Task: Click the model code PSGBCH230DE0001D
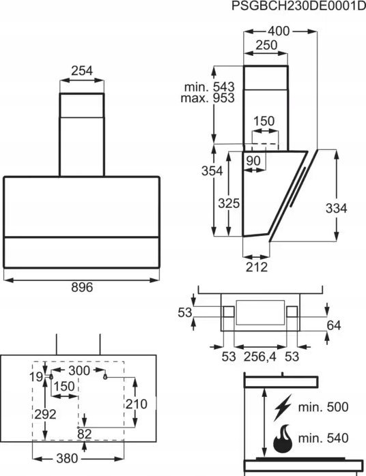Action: pos(298,5)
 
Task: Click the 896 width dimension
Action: pos(82,287)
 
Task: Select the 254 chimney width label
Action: pos(82,71)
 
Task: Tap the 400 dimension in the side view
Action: pos(279,31)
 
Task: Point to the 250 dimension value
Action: pos(266,45)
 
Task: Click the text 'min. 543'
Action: pos(210,87)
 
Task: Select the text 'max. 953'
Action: pos(208,98)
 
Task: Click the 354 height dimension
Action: pos(212,171)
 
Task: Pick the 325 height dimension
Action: pos(229,203)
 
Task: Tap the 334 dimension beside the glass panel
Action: pos(336,209)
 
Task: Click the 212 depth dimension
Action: pos(257,267)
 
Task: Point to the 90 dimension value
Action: pos(253,161)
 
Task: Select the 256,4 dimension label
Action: pos(260,357)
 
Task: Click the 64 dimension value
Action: pos(334,325)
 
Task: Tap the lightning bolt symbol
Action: pos(283,407)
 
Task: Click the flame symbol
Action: pos(283,438)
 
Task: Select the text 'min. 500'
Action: pos(323,407)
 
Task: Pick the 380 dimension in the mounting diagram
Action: pos(67,458)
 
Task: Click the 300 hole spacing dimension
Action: pos(79,371)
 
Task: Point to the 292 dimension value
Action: pos(45,415)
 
